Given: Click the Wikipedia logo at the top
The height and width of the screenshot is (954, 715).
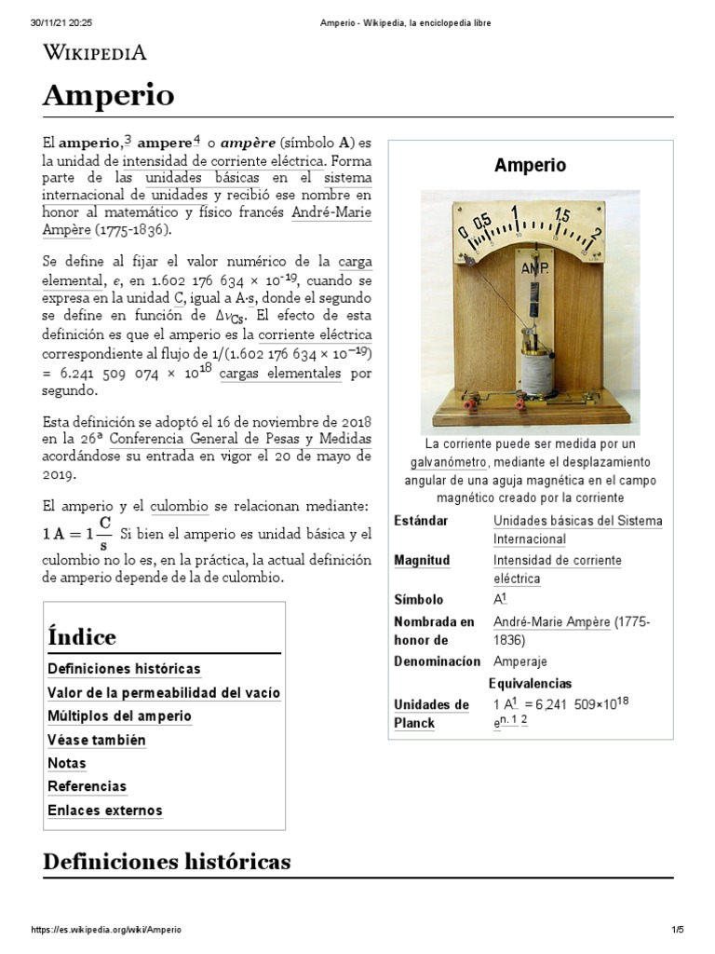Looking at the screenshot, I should click(x=94, y=52).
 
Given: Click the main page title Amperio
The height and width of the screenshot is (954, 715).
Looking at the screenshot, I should click(x=108, y=96).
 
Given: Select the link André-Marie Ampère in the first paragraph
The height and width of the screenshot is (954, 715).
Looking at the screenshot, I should click(x=331, y=212).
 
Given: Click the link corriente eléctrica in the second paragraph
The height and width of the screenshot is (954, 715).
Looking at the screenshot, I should click(x=316, y=334).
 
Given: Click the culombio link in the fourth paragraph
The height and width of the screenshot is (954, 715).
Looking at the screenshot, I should click(x=179, y=505).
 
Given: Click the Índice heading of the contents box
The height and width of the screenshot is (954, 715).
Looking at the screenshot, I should click(x=82, y=637).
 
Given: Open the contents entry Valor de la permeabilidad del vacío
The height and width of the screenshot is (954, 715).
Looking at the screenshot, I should click(x=163, y=693).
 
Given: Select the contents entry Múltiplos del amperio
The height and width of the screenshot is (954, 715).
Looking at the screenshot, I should click(x=119, y=716).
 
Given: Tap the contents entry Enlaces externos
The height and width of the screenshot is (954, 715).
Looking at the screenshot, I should click(x=104, y=811).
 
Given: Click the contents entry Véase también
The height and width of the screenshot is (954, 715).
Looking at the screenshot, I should click(x=96, y=740).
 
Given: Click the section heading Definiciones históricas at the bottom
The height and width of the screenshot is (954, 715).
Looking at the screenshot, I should click(x=167, y=862).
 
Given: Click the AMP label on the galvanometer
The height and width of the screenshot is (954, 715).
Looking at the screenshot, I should click(x=533, y=269).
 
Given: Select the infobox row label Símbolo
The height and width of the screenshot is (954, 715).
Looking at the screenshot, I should click(x=419, y=600).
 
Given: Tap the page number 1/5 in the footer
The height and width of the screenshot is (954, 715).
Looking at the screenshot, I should click(x=677, y=930).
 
